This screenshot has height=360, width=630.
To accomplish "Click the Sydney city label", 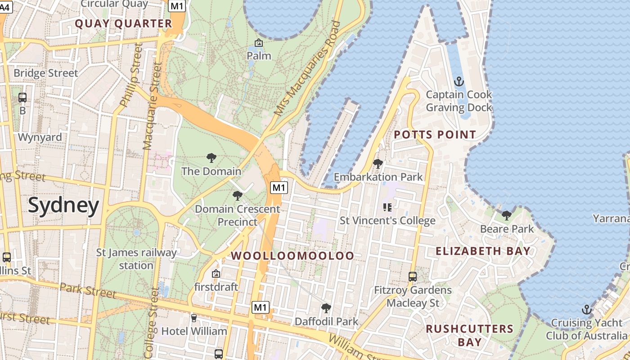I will (63, 206).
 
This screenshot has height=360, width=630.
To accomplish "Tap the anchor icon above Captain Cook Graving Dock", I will (459, 81).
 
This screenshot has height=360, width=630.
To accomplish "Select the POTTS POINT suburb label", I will (435, 135).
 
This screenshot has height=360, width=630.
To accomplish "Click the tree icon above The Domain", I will (211, 158).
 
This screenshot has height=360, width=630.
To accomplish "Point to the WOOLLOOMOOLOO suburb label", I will (292, 256).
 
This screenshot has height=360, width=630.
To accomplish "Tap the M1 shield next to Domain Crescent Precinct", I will (279, 187).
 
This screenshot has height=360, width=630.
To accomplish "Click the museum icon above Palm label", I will (259, 43).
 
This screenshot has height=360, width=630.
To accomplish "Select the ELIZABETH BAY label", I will (483, 251).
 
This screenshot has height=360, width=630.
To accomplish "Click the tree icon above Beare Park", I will (507, 216).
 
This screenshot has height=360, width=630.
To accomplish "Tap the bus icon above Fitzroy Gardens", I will (412, 277).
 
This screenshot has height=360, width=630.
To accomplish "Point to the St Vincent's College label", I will (387, 220).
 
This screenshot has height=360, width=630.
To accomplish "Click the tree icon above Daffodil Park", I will (326, 308).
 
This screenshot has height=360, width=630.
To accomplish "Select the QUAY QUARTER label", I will (123, 24).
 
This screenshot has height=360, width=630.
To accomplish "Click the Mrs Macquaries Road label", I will (308, 68).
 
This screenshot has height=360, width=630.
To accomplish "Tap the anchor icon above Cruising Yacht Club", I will (586, 310).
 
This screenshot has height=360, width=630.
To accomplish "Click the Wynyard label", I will (40, 137).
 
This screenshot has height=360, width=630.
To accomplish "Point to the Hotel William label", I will (194, 331).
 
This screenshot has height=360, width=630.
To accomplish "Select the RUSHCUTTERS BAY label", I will (469, 335).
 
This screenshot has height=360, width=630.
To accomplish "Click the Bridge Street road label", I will (45, 73).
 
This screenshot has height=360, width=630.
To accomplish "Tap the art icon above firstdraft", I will (216, 274).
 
